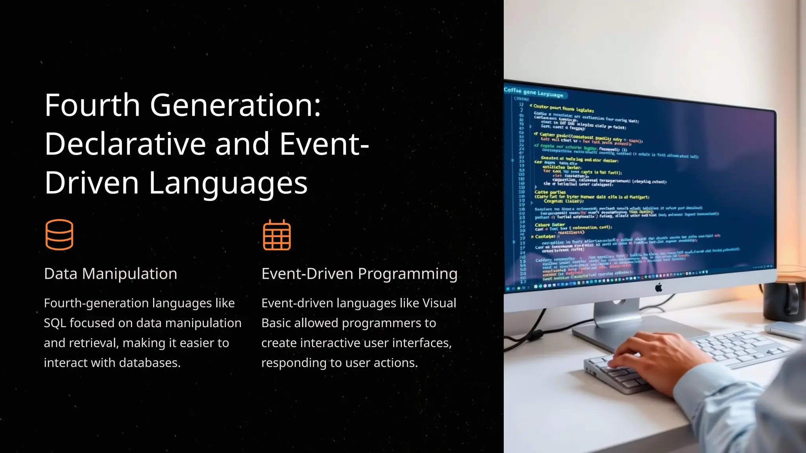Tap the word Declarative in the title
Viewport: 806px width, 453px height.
[x=125, y=144]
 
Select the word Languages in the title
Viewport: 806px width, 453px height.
[x=228, y=183]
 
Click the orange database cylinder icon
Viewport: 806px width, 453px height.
[x=59, y=235]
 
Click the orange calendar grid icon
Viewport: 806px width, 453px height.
[x=277, y=235]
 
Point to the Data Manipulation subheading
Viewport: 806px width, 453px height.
[x=111, y=274]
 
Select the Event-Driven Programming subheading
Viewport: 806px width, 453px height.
[x=359, y=274]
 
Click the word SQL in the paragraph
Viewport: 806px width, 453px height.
[x=55, y=323]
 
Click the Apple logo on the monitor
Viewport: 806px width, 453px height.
[x=658, y=288]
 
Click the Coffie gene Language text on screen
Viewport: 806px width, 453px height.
[x=533, y=92]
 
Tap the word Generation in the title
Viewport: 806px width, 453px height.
[x=235, y=105]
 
